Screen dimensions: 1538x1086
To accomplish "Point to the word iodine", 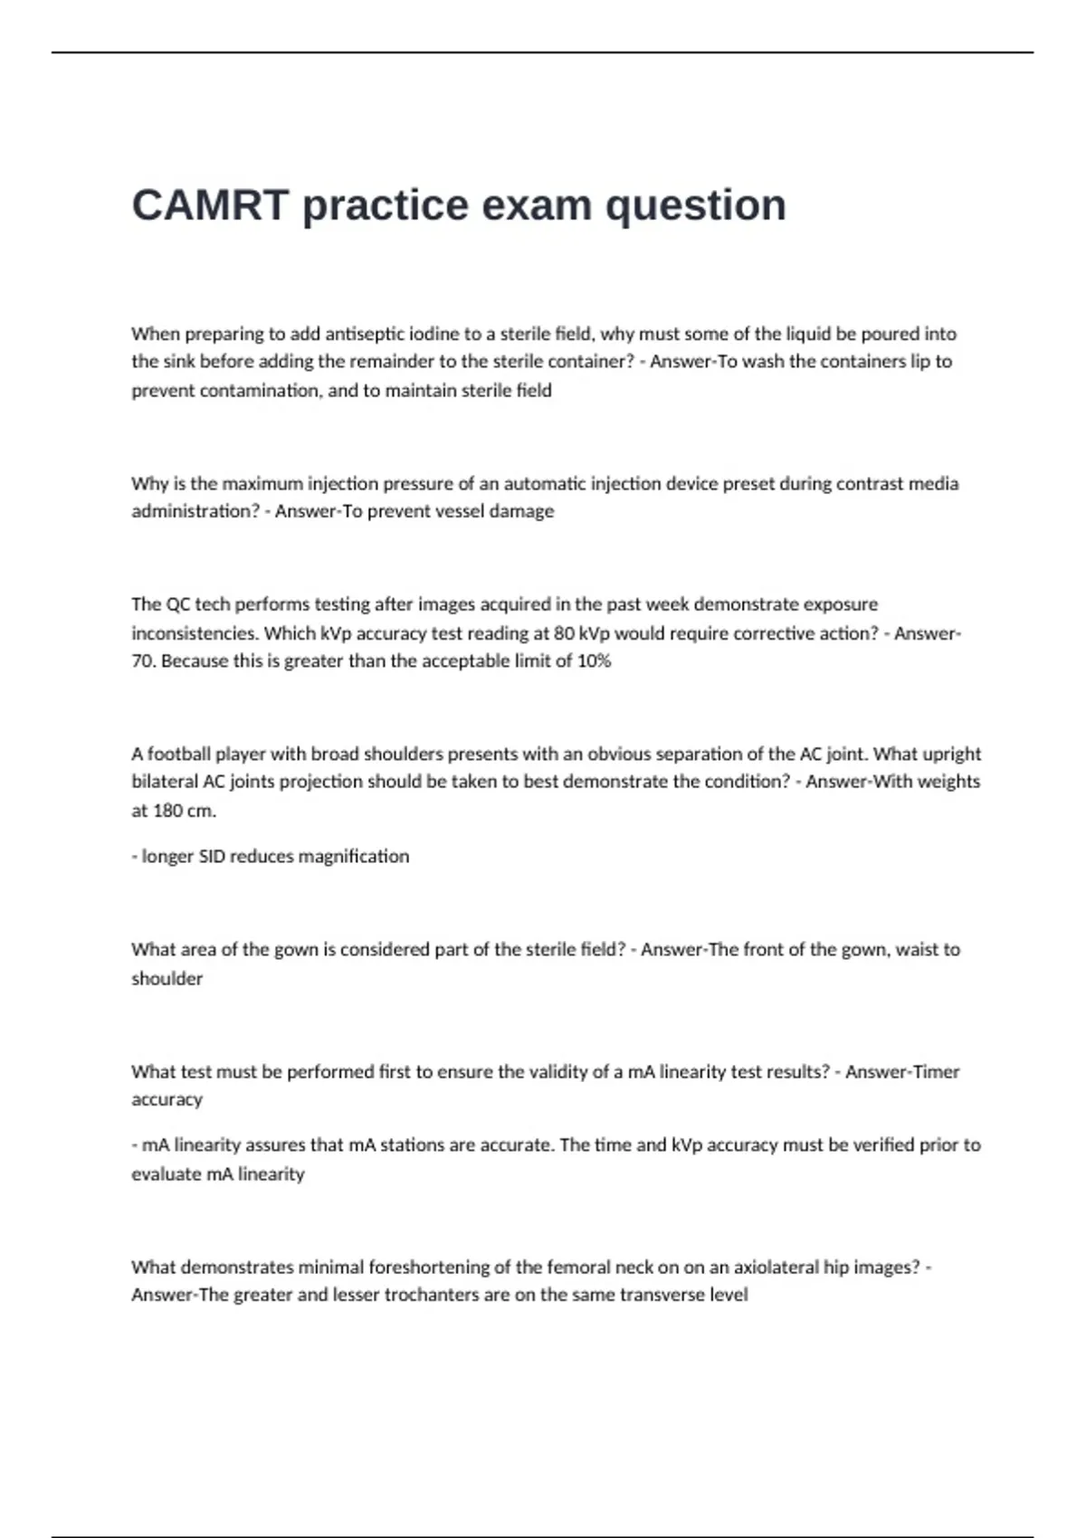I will tap(434, 334).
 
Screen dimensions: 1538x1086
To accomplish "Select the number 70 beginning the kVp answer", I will tap(141, 661).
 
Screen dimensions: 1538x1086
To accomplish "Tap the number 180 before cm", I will tap(168, 811).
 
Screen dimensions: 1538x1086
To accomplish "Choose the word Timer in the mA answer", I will tap(937, 1072).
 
